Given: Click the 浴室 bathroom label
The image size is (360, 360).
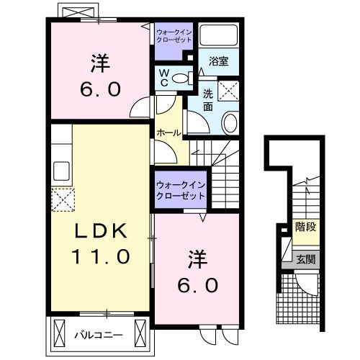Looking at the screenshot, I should (x=219, y=61).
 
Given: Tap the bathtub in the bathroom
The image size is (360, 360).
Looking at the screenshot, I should (x=219, y=35).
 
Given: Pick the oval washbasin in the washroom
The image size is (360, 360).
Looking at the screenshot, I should (x=230, y=123).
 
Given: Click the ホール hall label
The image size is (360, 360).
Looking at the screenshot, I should (x=168, y=133).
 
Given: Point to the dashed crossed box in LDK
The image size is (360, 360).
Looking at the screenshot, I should (x=63, y=199).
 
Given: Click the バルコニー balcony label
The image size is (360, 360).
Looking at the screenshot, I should (x=99, y=335).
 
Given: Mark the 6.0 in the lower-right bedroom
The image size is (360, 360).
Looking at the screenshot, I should (x=198, y=284).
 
